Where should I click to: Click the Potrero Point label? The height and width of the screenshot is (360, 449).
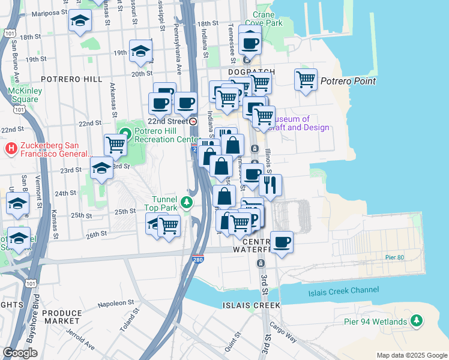tap(348, 81)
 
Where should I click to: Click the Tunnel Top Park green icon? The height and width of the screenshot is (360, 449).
tap(187, 202)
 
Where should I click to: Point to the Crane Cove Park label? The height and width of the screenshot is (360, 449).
tap(268, 19)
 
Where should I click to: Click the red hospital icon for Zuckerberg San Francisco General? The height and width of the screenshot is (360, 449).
tap(10, 148)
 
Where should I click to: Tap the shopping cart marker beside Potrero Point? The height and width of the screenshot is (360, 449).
tap(306, 79)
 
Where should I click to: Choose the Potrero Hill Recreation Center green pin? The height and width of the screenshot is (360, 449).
tap(125, 133)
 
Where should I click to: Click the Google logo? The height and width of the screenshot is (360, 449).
tap(20, 353)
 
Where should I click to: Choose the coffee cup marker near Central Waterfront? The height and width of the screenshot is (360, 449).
tap(282, 242)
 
